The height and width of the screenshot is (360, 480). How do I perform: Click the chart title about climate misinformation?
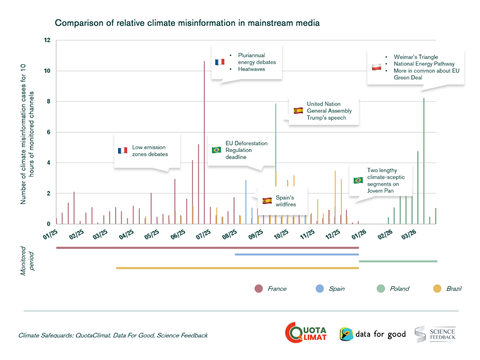pos(187,23)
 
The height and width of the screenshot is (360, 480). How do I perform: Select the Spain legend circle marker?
pos(320,288)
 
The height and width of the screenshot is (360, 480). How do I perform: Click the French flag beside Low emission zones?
pos(122,150)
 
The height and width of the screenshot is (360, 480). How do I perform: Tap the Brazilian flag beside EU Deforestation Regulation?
pos(216,150)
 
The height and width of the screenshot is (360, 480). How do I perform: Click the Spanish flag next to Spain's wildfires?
pos(267,200)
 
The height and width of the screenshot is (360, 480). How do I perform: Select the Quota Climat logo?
pos(306,332)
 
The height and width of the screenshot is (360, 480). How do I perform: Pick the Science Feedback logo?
pos(435,334)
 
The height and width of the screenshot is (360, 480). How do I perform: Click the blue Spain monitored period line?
pos(296,254)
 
